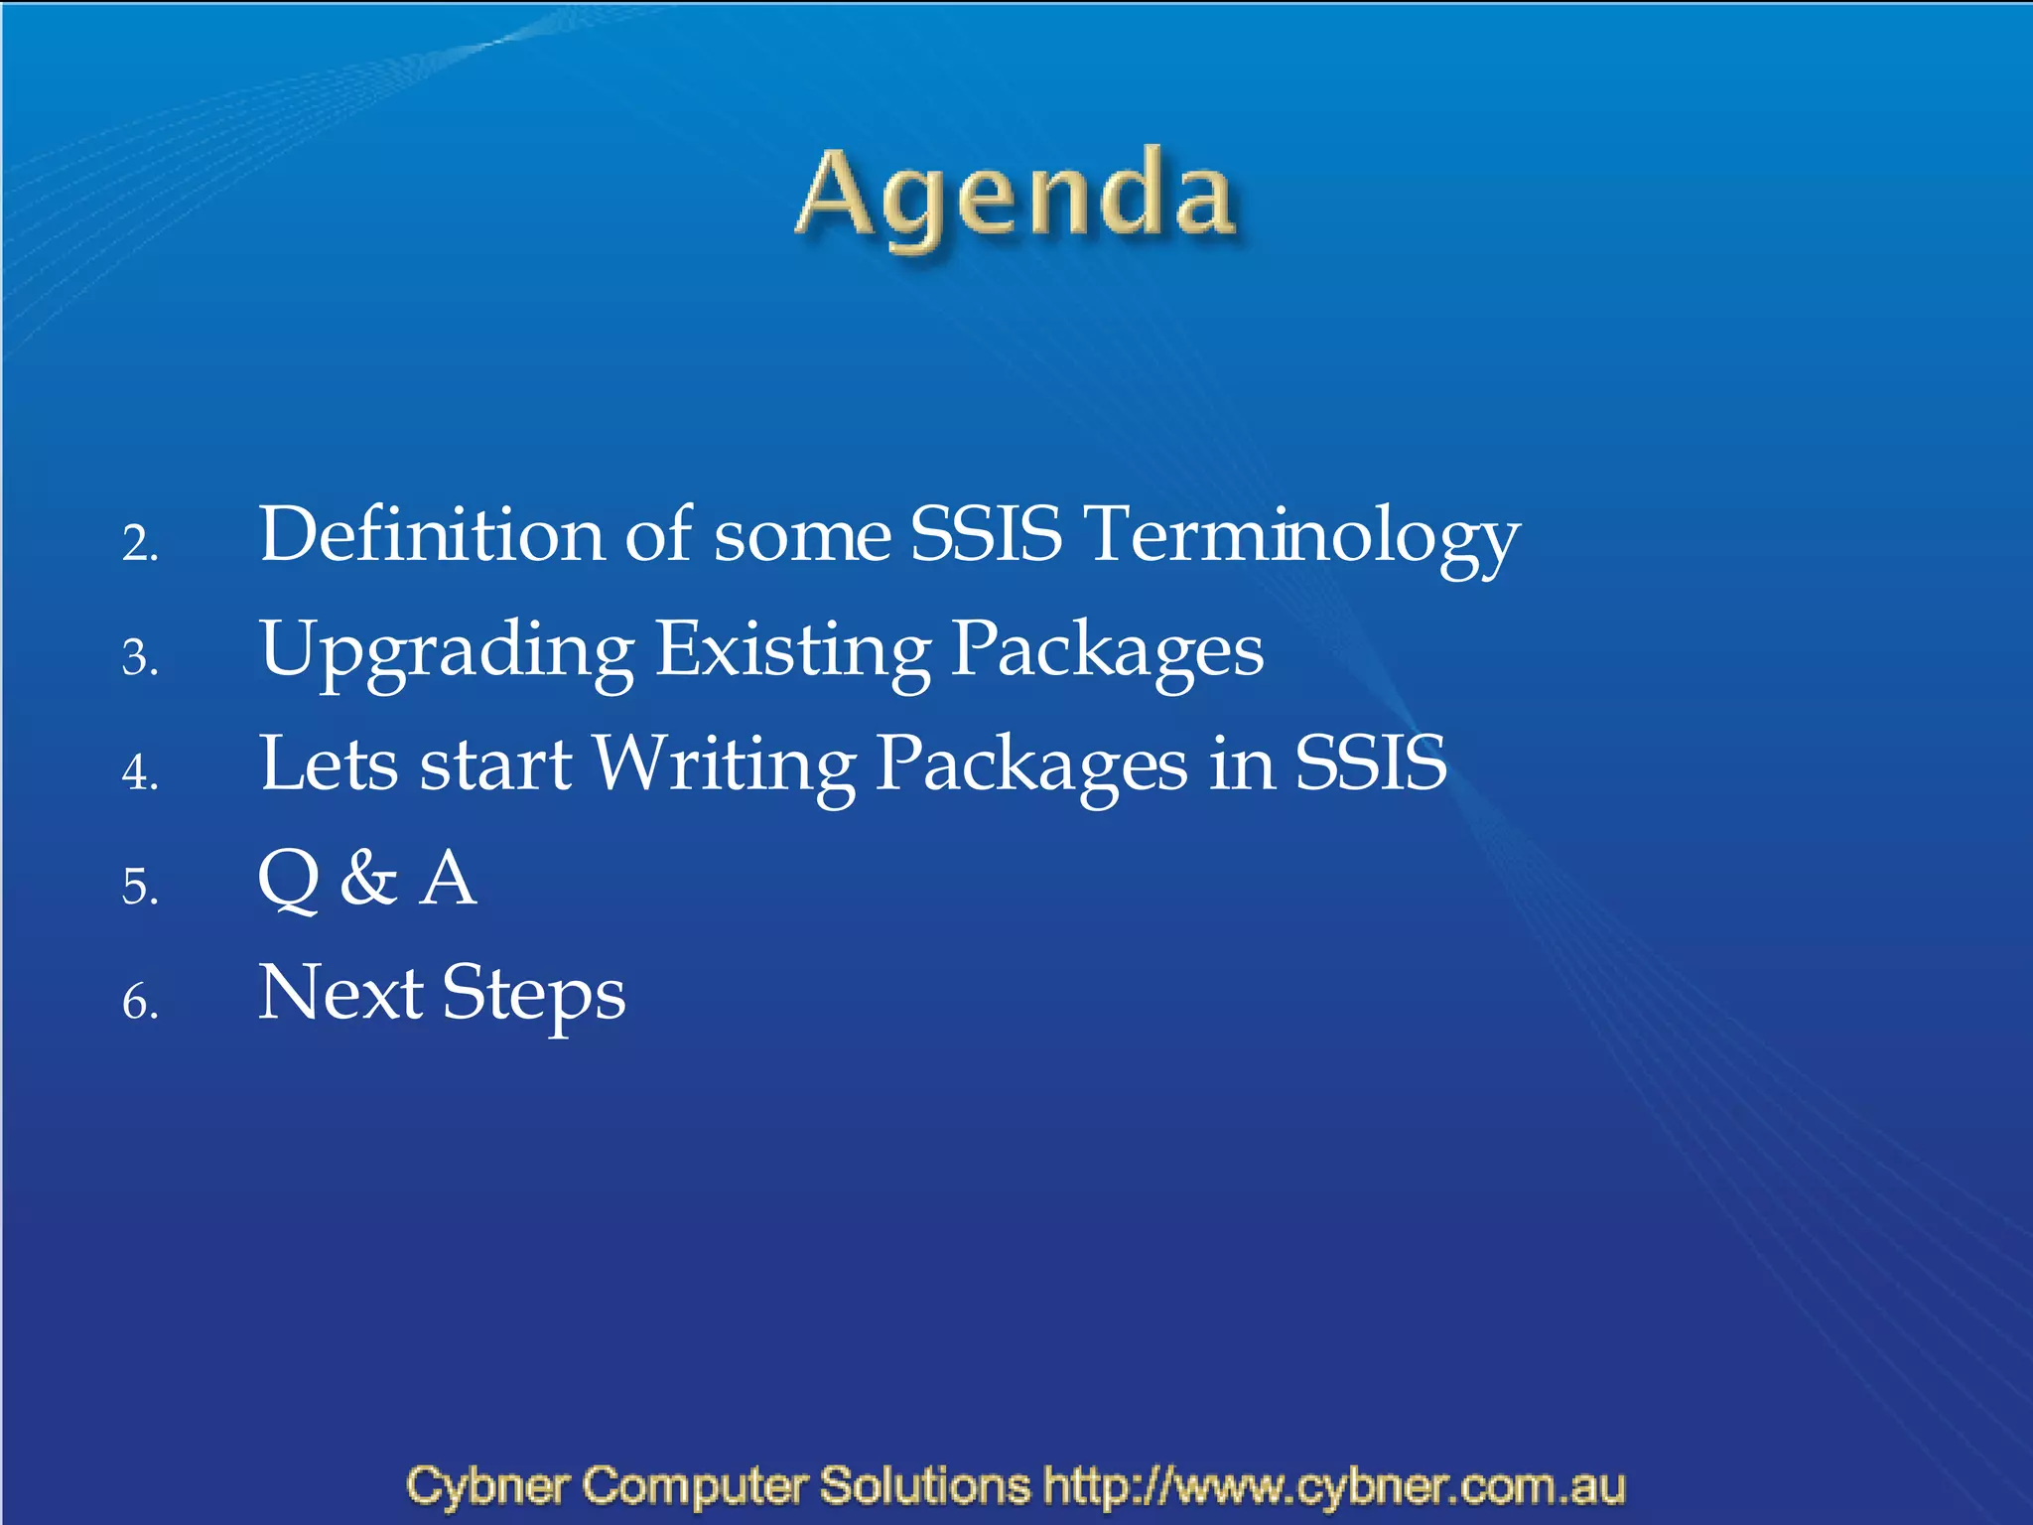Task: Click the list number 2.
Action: [x=140, y=544]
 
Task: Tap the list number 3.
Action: [x=140, y=658]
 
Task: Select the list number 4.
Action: [x=140, y=772]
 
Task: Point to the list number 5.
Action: [x=140, y=887]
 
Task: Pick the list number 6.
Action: [x=140, y=1001]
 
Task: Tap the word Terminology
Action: [x=1300, y=536]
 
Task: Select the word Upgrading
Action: [x=447, y=650]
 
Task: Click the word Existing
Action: [x=793, y=650]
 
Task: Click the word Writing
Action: [x=725, y=764]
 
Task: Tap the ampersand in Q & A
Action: [x=368, y=878]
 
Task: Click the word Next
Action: [x=340, y=992]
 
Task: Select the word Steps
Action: [x=534, y=994]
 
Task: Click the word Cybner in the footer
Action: [x=487, y=1486]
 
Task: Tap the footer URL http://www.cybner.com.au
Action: [x=1333, y=1486]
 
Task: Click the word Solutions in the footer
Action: [x=925, y=1486]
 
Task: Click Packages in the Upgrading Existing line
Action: [x=1107, y=650]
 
